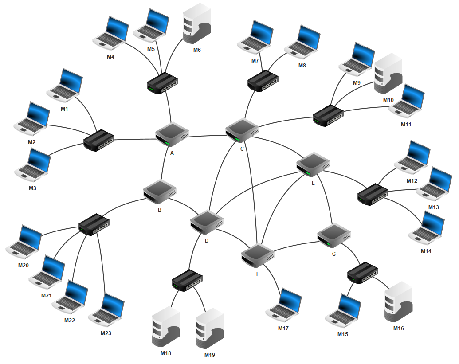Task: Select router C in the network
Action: [242, 130]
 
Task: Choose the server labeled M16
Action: [398, 302]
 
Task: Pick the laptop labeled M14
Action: [427, 227]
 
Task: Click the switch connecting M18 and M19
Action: [188, 280]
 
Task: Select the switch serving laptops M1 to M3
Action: [99, 140]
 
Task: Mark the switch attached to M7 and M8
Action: [263, 81]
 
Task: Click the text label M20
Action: [24, 265]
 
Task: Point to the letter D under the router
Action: [207, 241]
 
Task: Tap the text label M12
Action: [412, 180]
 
